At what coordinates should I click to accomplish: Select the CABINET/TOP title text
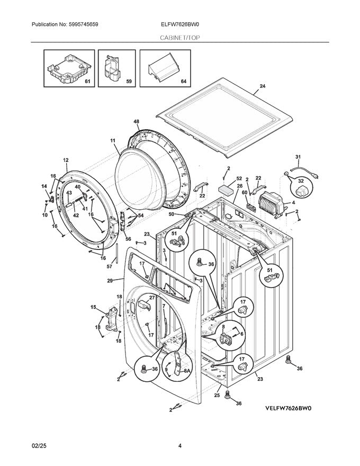(180, 38)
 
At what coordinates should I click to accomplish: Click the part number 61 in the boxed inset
(88, 82)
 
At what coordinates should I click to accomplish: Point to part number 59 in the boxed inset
(129, 82)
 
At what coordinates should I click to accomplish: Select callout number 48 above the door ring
(136, 122)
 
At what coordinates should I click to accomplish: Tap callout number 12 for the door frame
(66, 160)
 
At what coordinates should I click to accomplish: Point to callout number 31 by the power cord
(297, 157)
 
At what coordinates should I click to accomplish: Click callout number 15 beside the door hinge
(93, 307)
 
